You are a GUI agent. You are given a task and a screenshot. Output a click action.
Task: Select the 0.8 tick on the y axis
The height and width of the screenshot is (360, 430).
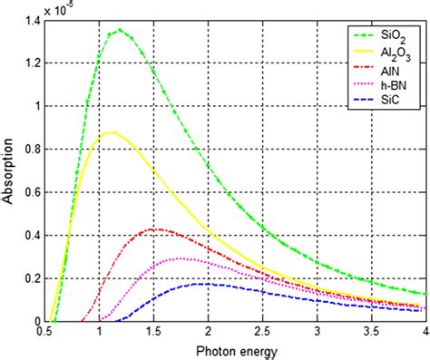[x=32, y=149]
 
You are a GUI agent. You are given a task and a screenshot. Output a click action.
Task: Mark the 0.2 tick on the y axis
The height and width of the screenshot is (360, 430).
[x=32, y=278]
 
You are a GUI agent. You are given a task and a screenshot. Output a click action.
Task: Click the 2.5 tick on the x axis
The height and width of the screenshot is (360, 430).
[x=263, y=333]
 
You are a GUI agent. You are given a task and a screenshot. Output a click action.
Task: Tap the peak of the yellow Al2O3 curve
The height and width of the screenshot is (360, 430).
[x=110, y=132]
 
